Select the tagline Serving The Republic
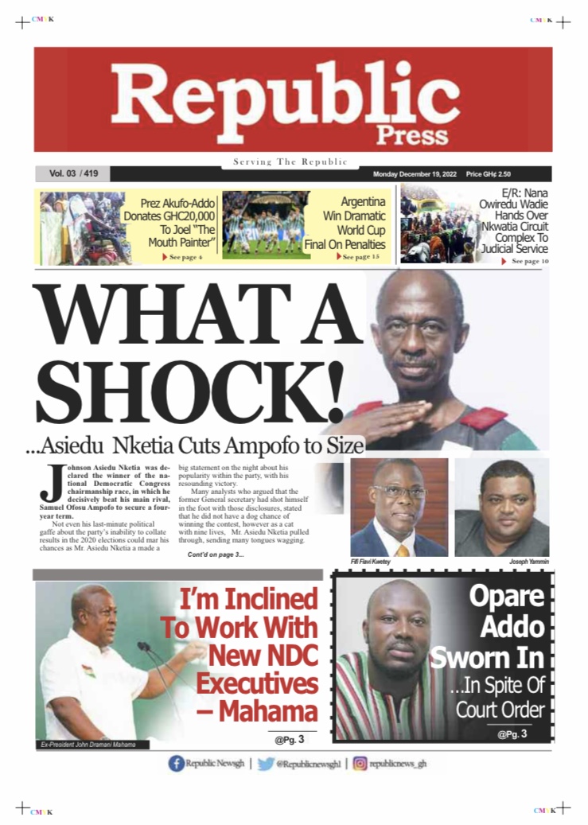pyautogui.click(x=290, y=162)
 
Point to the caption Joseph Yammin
pyautogui.click(x=528, y=562)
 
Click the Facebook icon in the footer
pyautogui.click(x=176, y=764)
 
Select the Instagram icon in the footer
pyautogui.click(x=360, y=764)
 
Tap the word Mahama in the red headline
pyautogui.click(x=268, y=711)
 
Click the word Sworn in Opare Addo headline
pyautogui.click(x=487, y=657)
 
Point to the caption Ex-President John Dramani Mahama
pyautogui.click(x=88, y=745)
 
